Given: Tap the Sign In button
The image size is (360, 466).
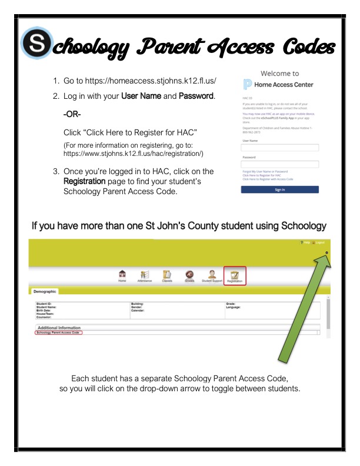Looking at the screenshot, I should pos(280,189).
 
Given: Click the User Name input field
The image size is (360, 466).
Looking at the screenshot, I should pos(280,148).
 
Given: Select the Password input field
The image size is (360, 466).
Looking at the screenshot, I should pos(280,164).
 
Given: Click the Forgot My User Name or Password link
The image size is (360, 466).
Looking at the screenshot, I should pos(265,172).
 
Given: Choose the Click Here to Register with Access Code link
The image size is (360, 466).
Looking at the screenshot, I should pos(268,179).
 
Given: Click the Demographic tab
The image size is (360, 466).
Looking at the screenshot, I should pos(43,291).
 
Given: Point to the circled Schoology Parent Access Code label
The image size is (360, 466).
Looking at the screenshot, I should pos(58,332).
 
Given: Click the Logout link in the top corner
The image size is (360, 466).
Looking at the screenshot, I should pos(319,242).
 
